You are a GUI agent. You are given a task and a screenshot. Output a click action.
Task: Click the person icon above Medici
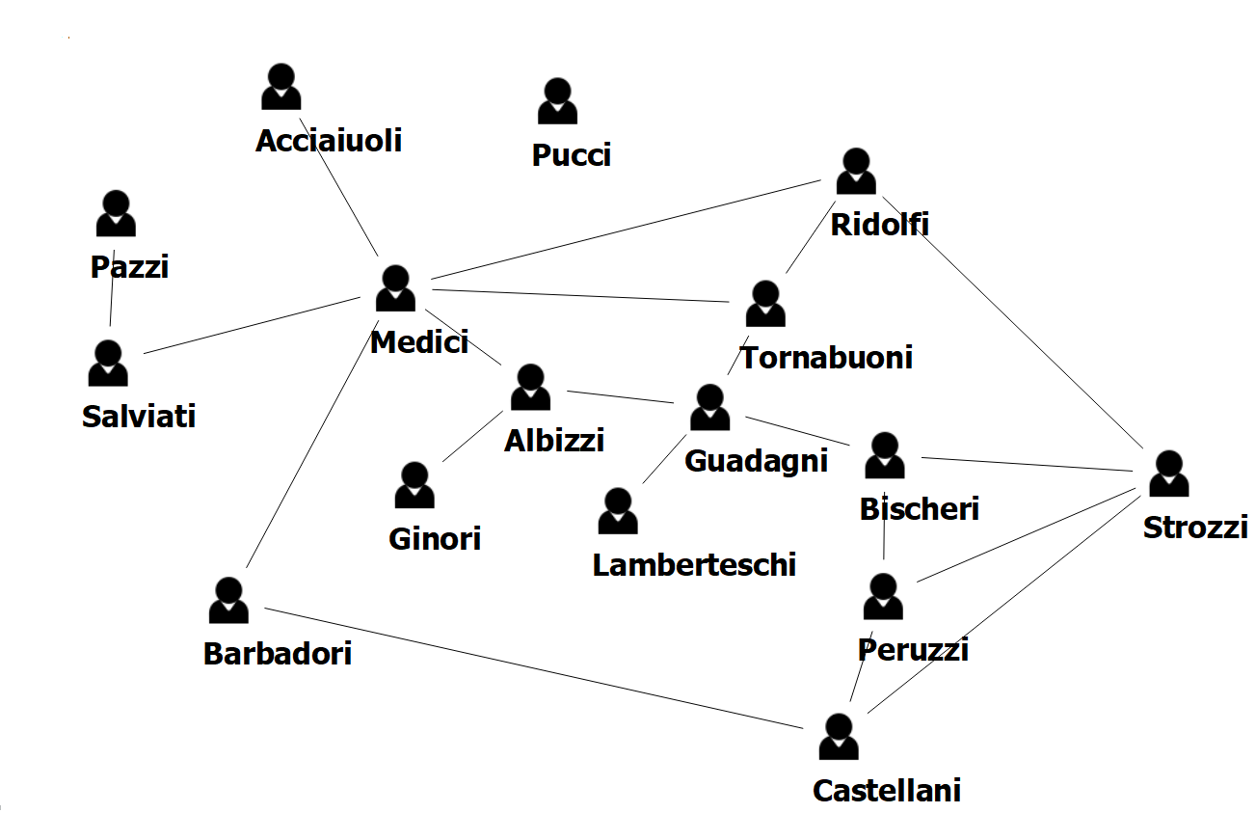[395, 288]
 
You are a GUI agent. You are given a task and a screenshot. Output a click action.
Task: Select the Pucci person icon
[557, 102]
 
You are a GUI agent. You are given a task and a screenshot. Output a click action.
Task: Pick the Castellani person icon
[839, 738]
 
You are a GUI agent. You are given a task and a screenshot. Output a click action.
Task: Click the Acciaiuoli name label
[329, 141]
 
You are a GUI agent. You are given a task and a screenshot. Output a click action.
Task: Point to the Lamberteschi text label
[694, 564]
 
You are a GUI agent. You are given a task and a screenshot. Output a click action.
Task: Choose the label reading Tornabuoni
[826, 358]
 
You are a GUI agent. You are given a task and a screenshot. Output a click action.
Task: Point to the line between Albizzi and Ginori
[472, 437]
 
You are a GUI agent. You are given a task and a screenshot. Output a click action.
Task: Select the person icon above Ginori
[414, 485]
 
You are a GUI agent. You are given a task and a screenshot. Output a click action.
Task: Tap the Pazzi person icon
[116, 213]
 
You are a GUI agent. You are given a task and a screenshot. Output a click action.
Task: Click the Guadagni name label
[756, 461]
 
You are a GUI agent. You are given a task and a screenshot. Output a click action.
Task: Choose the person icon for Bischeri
[884, 456]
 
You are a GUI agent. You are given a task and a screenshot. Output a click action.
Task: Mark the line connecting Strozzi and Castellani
[1002, 602]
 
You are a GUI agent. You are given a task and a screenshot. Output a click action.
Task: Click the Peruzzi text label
[912, 649]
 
